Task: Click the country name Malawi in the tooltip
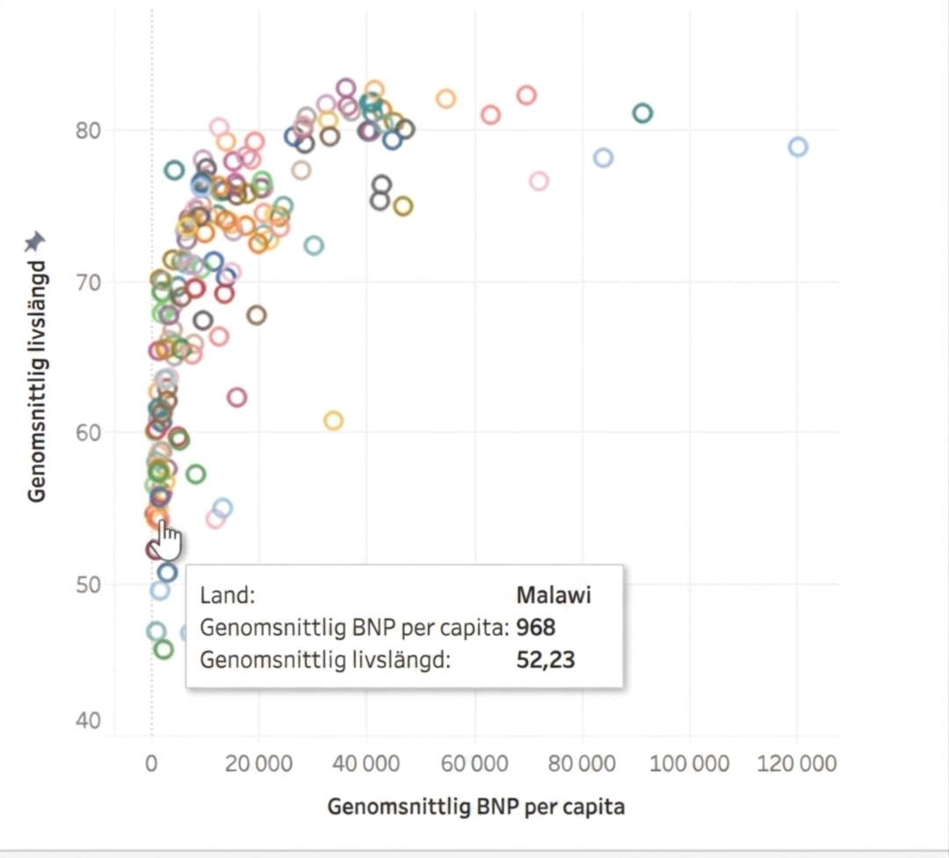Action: tap(554, 595)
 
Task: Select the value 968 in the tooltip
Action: tap(536, 628)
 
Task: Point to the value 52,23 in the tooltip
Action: tap(546, 659)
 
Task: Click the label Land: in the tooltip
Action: tap(228, 595)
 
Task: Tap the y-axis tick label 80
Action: tap(88, 130)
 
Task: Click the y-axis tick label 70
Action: tap(88, 282)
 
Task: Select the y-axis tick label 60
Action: tap(88, 433)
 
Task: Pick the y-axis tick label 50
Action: tap(88, 585)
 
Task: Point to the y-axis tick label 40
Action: tap(88, 721)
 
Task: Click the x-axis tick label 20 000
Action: tap(258, 764)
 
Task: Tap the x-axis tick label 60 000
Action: tap(474, 764)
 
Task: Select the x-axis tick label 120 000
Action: tap(796, 764)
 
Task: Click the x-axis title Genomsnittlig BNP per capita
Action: tap(475, 807)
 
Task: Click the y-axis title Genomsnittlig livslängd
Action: tap(37, 381)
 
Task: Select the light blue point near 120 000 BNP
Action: tap(798, 147)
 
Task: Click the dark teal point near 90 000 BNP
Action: tap(642, 113)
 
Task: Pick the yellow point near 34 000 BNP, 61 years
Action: tap(334, 420)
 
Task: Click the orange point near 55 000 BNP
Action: tap(446, 98)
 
